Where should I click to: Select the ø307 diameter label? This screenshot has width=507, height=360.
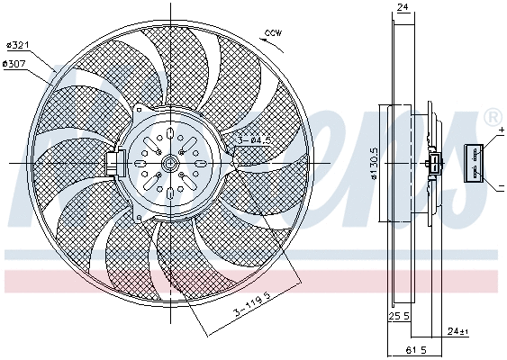click(x=15, y=64)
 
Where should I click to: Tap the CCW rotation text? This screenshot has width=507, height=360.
click(x=273, y=33)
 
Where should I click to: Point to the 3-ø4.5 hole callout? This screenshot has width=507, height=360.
click(x=254, y=139)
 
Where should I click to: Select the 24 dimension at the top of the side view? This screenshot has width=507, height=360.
click(x=403, y=8)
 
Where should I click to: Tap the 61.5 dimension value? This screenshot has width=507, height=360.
click(x=414, y=348)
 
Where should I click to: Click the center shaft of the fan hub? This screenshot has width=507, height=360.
click(x=171, y=163)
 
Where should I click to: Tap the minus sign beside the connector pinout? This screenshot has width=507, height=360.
click(x=500, y=185)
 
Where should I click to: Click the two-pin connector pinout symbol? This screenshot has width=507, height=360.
click(x=475, y=162)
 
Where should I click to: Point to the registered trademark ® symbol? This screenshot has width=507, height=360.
click(x=493, y=118)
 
